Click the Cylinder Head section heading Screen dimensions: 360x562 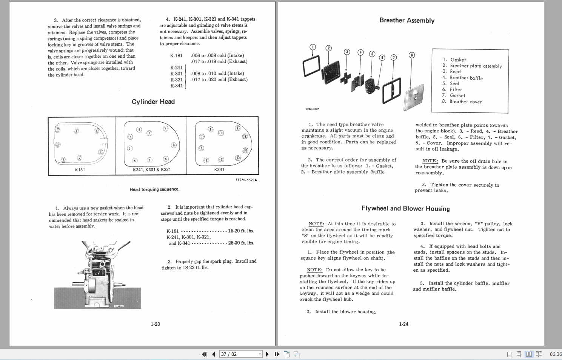tap(153, 102)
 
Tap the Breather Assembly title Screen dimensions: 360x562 tap(407, 20)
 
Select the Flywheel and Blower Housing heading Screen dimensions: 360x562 tap(405, 209)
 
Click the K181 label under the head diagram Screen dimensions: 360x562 tap(80, 170)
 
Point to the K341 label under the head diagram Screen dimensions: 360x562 tap(219, 170)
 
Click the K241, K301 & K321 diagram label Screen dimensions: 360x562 tap(152, 170)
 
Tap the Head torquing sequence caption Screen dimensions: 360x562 tap(154, 189)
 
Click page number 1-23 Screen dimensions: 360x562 tap(155, 324)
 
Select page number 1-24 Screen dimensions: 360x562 tap(403, 324)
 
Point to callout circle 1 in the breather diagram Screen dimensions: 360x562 tap(313, 47)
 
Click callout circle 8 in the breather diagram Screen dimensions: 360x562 tap(412, 55)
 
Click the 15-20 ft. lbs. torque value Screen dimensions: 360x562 tap(241, 231)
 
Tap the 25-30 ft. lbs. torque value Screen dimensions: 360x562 tap(241, 243)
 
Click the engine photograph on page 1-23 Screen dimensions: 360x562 tap(97, 275)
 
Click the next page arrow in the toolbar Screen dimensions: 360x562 tap(267, 354)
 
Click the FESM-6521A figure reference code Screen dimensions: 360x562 tap(246, 180)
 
